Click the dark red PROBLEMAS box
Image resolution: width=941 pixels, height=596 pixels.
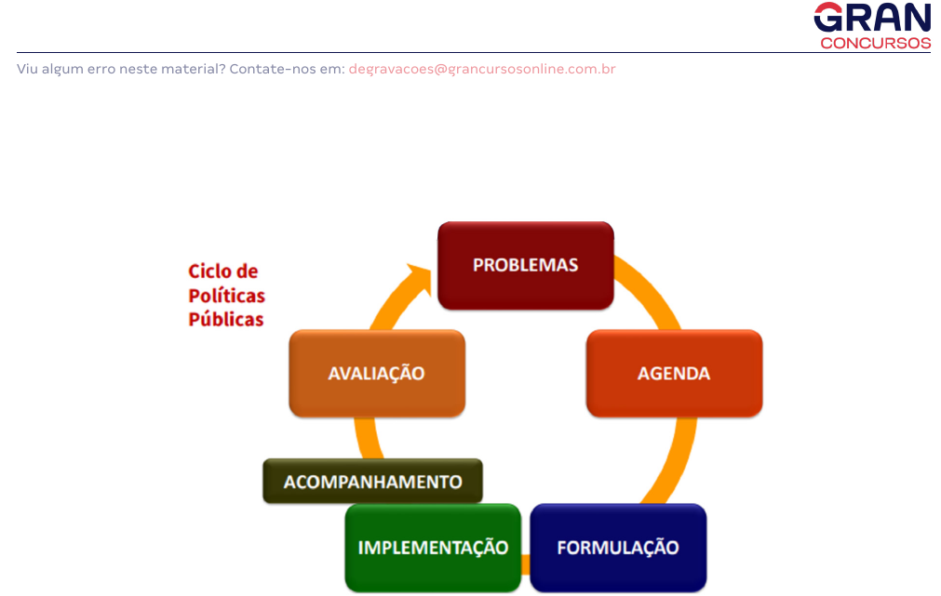coord(526,266)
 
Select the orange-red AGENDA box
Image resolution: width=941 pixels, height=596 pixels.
coord(674,373)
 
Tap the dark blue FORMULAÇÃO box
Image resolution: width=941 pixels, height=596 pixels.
coord(618,548)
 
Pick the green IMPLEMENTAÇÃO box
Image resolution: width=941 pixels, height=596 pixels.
coord(434,548)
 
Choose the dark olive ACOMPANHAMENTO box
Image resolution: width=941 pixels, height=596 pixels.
coord(372,481)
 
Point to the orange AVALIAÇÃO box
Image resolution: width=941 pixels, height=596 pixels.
coord(377,373)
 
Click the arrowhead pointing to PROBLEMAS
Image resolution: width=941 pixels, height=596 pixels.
coord(420,279)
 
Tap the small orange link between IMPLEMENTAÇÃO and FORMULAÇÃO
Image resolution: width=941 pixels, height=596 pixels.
coord(526,564)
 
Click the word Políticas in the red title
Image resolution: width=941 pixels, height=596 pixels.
coord(227,296)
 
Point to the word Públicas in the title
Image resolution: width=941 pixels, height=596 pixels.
coord(226,319)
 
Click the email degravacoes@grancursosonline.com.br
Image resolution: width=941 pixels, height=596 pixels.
coord(482,69)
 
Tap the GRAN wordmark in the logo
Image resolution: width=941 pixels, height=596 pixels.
coord(872,18)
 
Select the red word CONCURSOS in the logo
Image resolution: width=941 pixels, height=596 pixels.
coord(876,43)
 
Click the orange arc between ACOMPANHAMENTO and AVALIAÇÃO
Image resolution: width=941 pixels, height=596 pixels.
coord(366,438)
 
